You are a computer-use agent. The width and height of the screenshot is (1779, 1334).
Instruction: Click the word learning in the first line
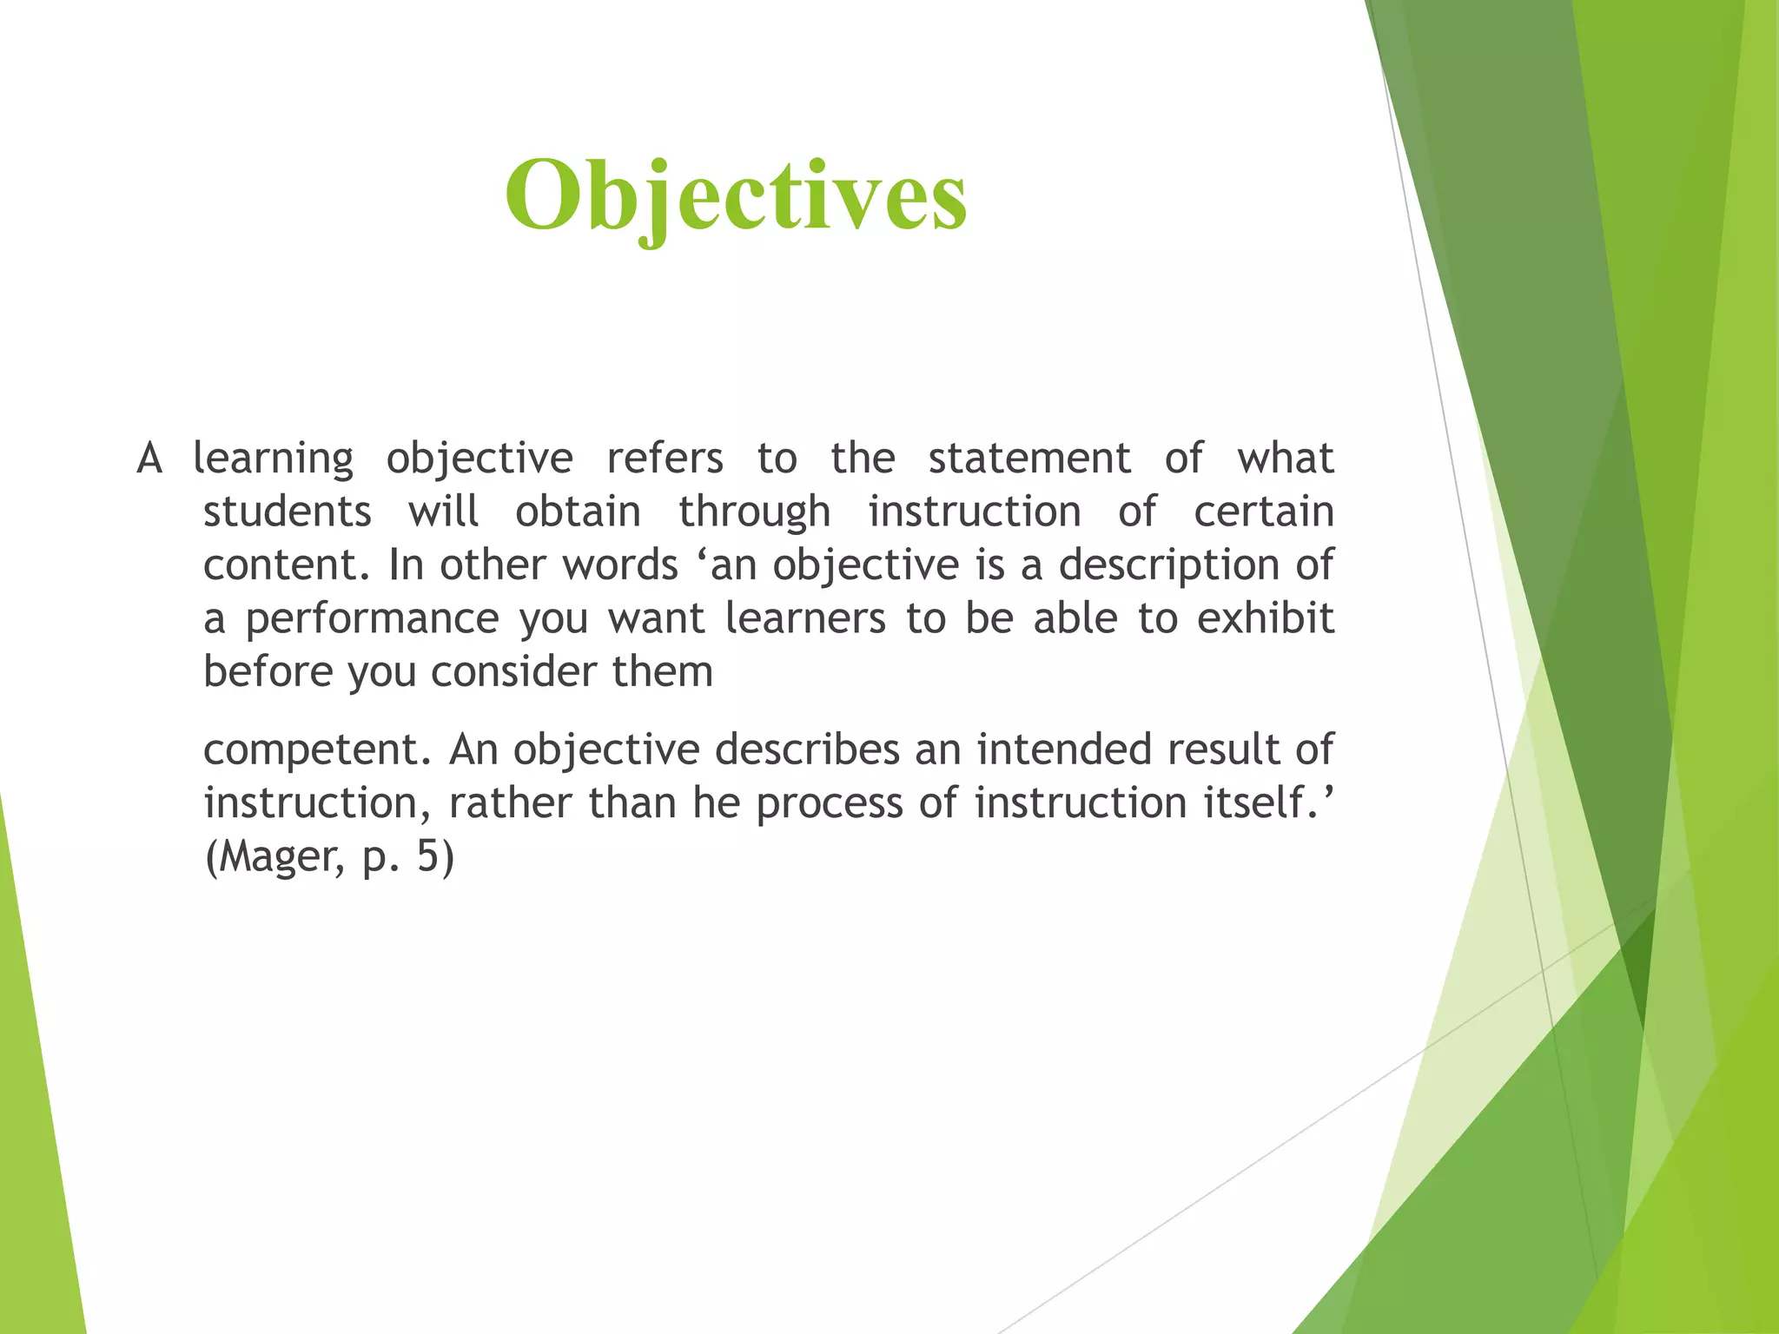point(273,459)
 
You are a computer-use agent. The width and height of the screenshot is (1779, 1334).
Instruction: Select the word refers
point(665,458)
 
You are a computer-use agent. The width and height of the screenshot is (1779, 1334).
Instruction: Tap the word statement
point(1029,458)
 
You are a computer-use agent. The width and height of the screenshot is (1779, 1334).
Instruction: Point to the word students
point(287,512)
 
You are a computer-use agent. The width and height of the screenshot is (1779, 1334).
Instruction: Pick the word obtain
point(578,512)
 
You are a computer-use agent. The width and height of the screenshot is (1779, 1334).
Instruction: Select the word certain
point(1263,512)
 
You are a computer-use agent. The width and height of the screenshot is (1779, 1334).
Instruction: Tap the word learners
point(805,618)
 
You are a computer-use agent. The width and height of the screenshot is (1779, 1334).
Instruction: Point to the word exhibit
point(1265,618)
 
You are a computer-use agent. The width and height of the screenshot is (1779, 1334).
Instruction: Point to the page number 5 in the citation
point(428,856)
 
